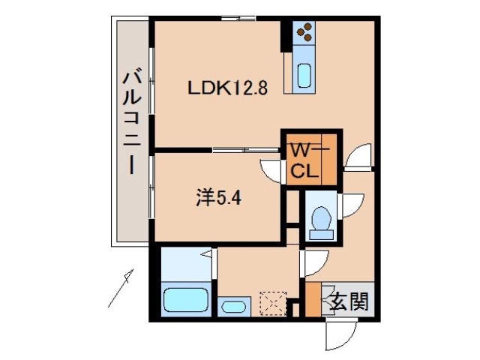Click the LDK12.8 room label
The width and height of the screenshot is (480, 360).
(x=227, y=87)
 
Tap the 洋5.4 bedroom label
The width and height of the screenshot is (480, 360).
(x=218, y=199)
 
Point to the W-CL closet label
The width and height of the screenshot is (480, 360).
(x=309, y=159)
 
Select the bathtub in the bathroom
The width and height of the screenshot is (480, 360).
(x=184, y=301)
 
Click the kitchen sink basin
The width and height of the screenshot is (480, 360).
(x=304, y=74)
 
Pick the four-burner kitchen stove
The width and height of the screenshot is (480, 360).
(x=304, y=32)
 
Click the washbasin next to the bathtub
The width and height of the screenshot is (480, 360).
(x=234, y=307)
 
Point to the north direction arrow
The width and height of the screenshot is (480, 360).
(x=121, y=288)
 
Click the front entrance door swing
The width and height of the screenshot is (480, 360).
(x=338, y=334)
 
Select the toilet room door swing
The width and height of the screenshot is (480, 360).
(x=351, y=207)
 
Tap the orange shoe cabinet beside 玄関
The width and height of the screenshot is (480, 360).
(x=313, y=300)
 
